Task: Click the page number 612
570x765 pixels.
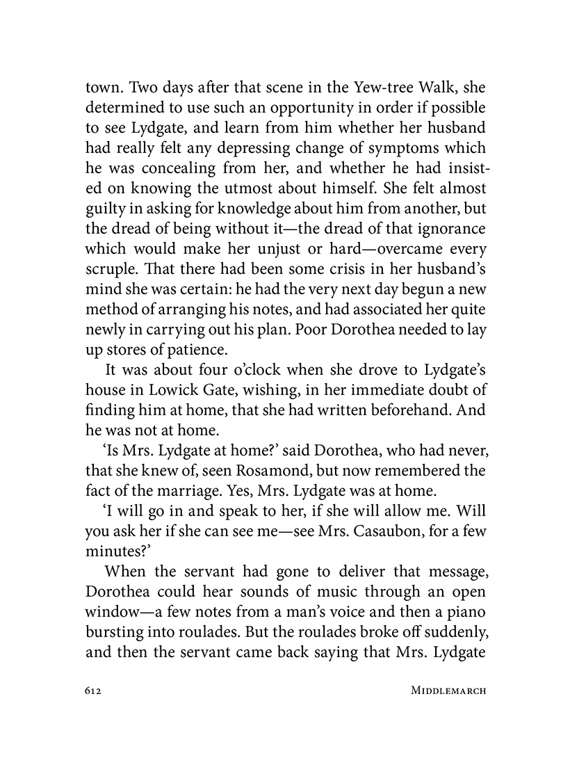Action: tap(94, 691)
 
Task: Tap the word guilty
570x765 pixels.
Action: tap(106, 209)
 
